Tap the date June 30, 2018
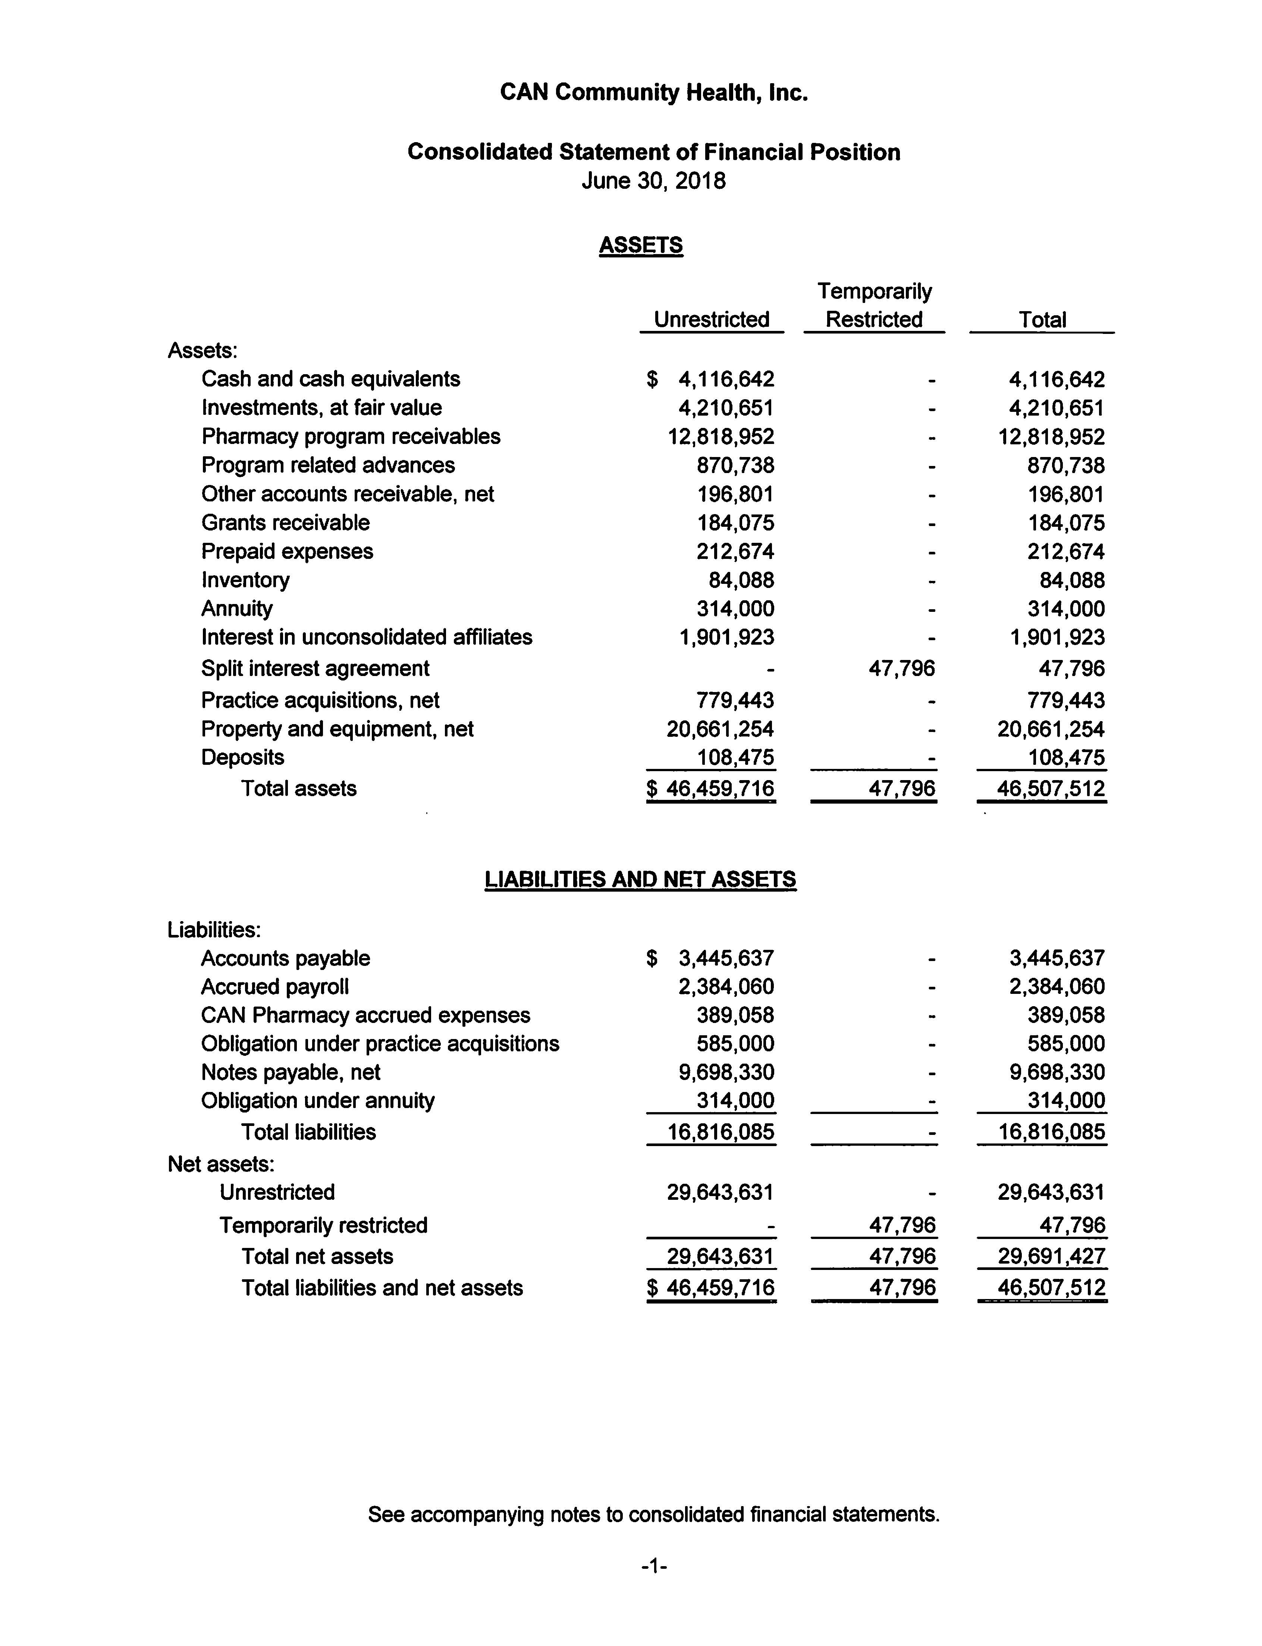click(x=653, y=181)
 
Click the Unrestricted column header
click(x=712, y=319)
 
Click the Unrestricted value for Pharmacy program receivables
click(x=721, y=436)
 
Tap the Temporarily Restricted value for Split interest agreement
click(x=901, y=668)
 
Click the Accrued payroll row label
click(x=275, y=986)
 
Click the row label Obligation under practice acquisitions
click(x=380, y=1043)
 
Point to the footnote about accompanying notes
click(x=653, y=1514)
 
